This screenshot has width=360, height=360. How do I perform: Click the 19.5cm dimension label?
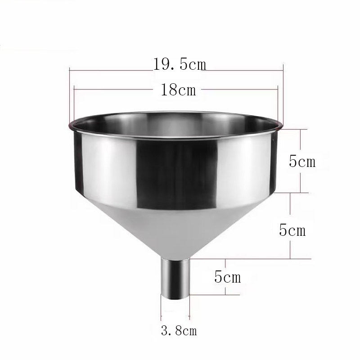[180, 64]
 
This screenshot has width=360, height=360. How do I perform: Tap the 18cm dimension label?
[178, 90]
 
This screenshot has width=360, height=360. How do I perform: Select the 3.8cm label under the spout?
[179, 331]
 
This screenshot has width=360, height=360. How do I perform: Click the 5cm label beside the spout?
[228, 276]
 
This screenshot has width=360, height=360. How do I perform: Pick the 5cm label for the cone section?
[292, 230]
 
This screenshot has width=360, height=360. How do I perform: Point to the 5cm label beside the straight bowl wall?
[302, 161]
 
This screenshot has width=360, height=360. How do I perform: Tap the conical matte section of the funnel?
[175, 229]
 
